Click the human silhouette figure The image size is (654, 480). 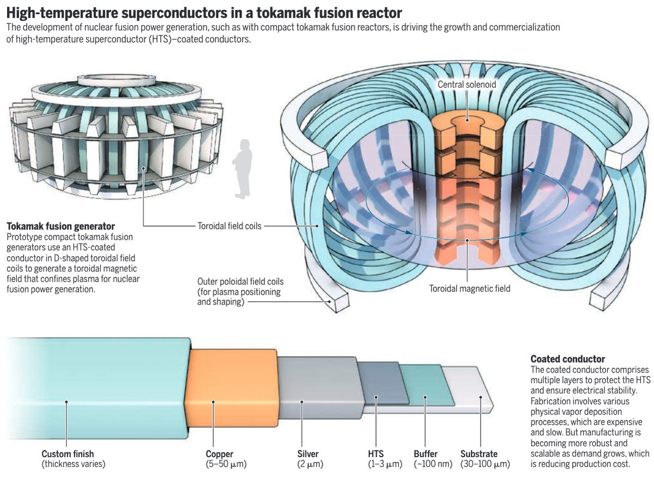(x=242, y=169)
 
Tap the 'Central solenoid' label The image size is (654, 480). (x=467, y=84)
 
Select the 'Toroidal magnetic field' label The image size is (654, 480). (x=469, y=288)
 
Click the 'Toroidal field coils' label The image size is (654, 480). (x=229, y=225)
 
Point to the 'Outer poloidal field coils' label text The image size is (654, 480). (x=240, y=291)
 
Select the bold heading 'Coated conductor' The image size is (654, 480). (x=567, y=359)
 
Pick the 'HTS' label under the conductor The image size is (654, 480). (x=376, y=454)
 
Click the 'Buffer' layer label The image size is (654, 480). (x=425, y=454)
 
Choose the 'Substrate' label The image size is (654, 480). (x=479, y=454)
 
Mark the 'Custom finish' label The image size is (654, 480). (x=68, y=454)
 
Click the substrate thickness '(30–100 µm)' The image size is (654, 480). (x=485, y=465)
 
